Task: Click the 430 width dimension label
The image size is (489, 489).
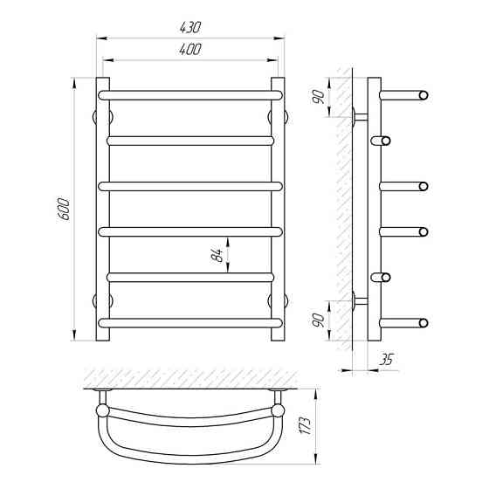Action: click(190, 27)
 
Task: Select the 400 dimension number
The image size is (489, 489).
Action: click(190, 49)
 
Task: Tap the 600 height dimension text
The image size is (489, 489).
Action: click(64, 209)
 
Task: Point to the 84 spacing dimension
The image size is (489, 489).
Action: click(217, 255)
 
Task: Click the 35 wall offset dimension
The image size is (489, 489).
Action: click(386, 360)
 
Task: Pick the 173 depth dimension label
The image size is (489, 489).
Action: click(305, 425)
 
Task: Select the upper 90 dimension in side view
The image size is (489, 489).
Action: click(319, 97)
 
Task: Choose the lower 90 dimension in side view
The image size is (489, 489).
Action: click(319, 320)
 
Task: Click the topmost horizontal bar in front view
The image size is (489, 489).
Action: click(190, 95)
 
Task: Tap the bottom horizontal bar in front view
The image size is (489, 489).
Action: click(190, 323)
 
